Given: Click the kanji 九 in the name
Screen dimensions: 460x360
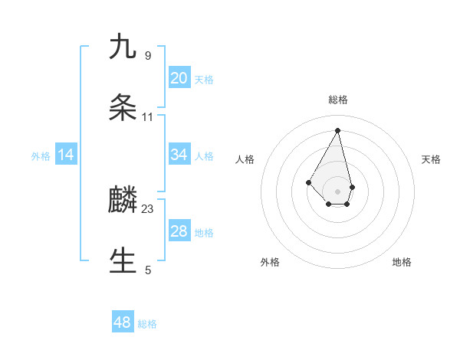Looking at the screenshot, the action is click(123, 47).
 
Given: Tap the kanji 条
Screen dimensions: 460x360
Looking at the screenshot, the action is click(123, 108).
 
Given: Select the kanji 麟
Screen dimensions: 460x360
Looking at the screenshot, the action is click(123, 201).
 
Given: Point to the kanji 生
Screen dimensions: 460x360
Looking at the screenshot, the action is click(123, 261).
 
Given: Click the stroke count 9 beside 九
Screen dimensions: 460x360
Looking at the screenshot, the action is click(148, 55).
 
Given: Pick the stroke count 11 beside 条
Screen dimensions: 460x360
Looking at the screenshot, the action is click(148, 117).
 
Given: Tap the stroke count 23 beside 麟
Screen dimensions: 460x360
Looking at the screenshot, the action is click(148, 209).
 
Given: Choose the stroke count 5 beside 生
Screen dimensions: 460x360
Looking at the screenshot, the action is click(148, 270).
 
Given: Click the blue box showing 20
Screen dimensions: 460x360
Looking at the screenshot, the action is click(179, 78).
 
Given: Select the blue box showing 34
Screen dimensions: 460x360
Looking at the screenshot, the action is click(179, 155).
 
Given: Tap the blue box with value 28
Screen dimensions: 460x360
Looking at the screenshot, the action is click(179, 231).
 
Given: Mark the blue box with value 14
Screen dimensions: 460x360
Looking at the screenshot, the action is click(66, 155).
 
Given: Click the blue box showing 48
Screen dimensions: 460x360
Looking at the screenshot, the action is click(123, 322).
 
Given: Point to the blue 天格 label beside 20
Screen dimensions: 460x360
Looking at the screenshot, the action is click(204, 80).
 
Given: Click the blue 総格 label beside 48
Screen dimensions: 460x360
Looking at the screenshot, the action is click(147, 324).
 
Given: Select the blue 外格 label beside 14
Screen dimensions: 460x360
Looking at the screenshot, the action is click(41, 156).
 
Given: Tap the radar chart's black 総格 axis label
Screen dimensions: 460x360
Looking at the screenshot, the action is click(338, 100).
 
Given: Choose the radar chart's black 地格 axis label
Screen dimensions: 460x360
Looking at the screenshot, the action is click(402, 263).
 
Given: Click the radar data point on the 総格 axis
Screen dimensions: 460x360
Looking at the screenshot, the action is click(338, 130).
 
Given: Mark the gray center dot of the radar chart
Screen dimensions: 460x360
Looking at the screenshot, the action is click(338, 191).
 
